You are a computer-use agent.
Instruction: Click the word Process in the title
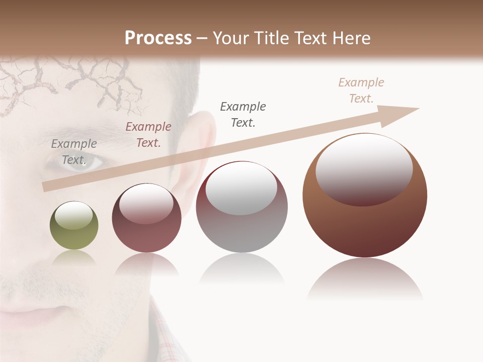click(158, 38)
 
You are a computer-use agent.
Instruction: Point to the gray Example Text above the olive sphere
click(74, 152)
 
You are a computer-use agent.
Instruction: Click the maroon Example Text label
click(148, 135)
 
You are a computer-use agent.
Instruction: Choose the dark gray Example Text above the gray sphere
click(243, 115)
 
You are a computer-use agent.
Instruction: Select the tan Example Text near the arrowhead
click(361, 90)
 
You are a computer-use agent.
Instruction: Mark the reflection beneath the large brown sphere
click(365, 279)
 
